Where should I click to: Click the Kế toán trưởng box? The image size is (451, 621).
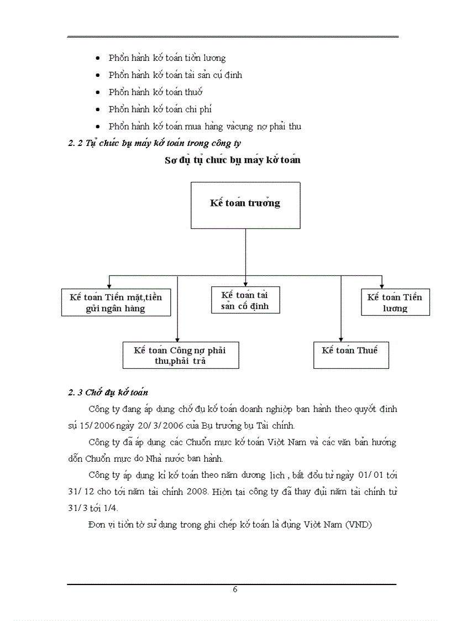click(x=245, y=205)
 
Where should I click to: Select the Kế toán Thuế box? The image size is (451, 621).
click(x=351, y=355)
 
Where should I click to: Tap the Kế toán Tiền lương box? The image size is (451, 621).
click(x=395, y=302)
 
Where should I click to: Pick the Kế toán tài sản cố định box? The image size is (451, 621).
click(x=245, y=300)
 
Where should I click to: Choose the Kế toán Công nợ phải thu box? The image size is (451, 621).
click(x=180, y=355)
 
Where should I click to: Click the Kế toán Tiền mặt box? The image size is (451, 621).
click(x=116, y=302)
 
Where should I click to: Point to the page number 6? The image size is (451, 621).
click(x=235, y=589)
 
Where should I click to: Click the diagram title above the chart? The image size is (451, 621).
click(x=233, y=160)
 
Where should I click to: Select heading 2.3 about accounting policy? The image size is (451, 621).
click(x=108, y=393)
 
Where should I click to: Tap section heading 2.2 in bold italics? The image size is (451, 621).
click(x=154, y=143)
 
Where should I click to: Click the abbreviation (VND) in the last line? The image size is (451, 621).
click(x=359, y=525)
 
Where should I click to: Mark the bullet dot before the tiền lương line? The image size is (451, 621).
click(x=98, y=58)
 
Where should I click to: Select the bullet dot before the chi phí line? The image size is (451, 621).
click(x=98, y=109)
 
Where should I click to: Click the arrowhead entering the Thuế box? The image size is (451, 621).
click(x=341, y=339)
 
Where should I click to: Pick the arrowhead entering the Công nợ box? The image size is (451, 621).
click(x=177, y=339)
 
